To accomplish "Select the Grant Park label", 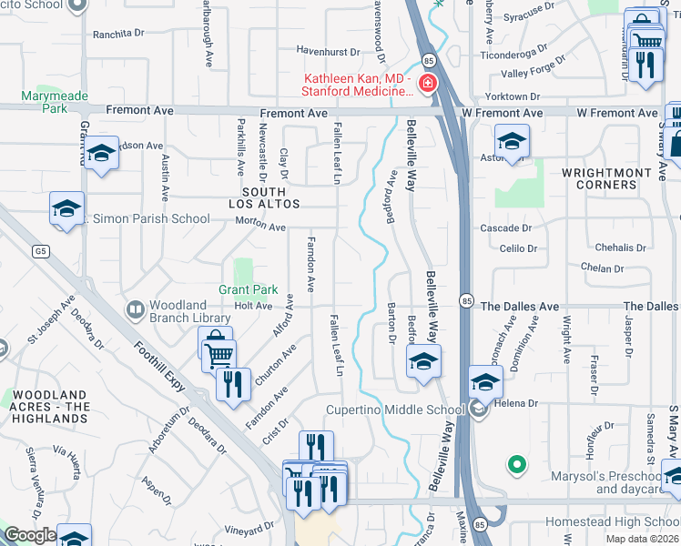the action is (x=248, y=290).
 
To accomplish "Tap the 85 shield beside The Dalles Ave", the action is (x=466, y=301).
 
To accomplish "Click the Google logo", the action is (x=30, y=535).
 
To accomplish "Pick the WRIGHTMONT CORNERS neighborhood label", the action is (x=611, y=177).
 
